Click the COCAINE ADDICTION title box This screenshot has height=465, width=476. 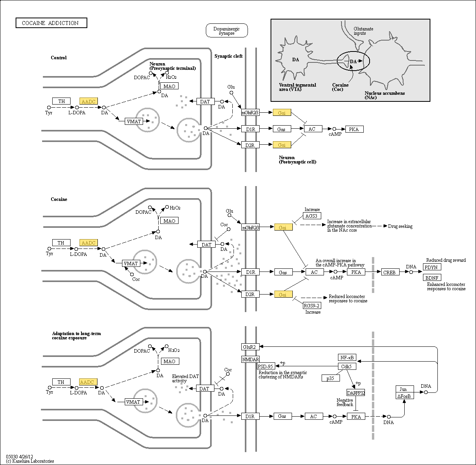pos(51,23)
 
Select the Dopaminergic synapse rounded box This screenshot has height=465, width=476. pos(226,31)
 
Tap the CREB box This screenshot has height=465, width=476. pos(389,272)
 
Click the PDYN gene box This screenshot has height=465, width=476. pos(431,267)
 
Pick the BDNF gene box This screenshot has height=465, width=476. pos(432,278)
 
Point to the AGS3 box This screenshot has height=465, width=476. pos(312,216)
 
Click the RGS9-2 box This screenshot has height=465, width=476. pos(312,305)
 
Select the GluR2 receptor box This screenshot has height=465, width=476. pos(250,347)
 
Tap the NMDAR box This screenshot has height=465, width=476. pos(250,359)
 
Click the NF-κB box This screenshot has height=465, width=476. pos(347,357)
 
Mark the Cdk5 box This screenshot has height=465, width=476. pos(347,367)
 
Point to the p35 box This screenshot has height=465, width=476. pos(331,378)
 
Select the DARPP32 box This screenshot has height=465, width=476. pos(356,393)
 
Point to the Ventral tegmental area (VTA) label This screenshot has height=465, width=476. pos(297,87)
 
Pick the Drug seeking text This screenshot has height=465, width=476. pos(400,226)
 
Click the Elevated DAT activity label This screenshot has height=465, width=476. pos(185,378)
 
